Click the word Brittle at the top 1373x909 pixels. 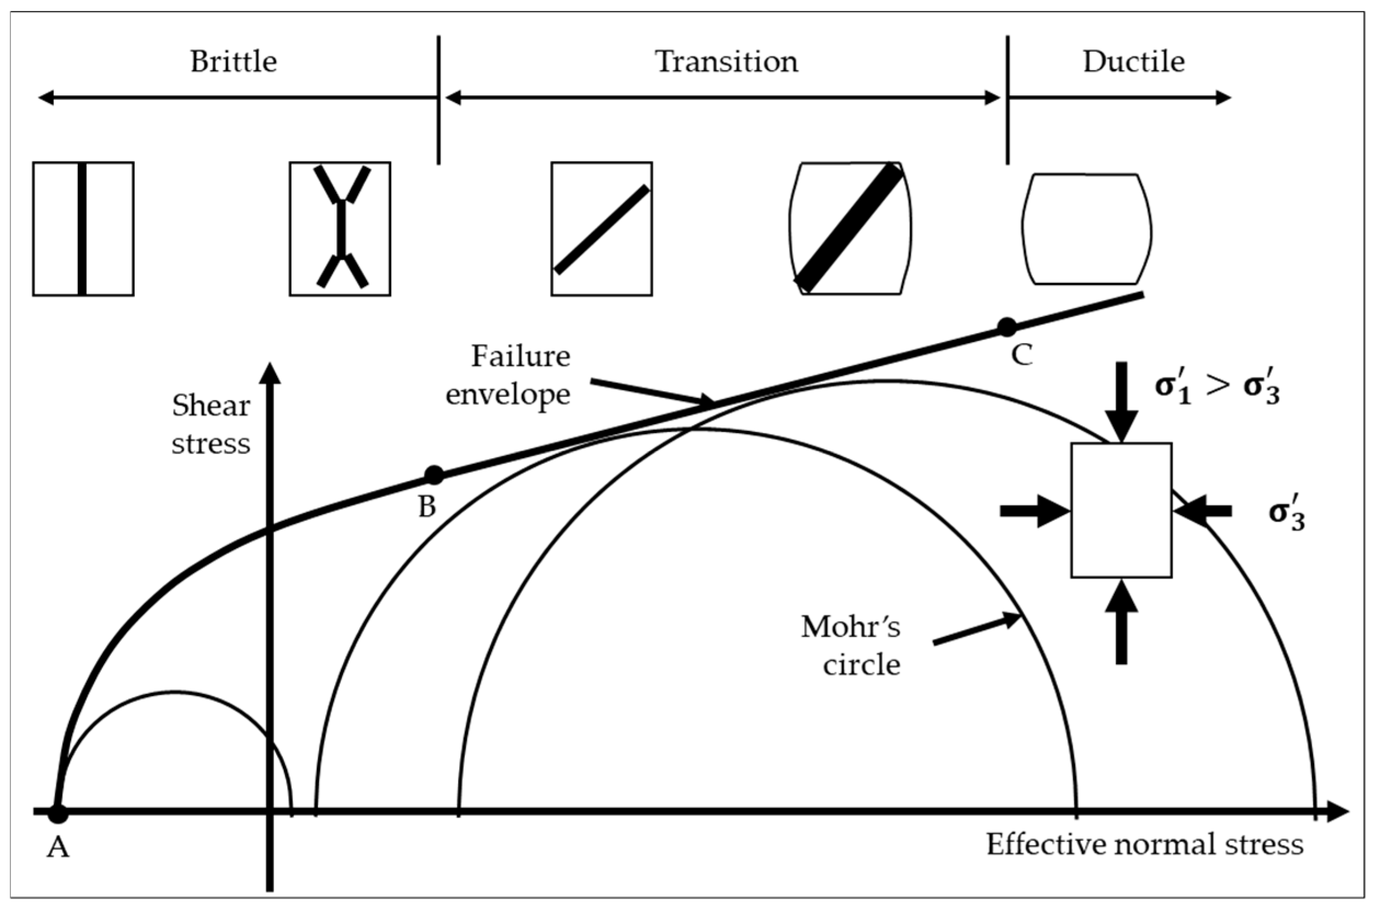[x=233, y=61]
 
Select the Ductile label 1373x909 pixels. [x=1133, y=61]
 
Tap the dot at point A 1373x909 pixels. [x=58, y=813]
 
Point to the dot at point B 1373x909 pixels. [x=433, y=476]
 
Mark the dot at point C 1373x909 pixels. [x=1006, y=327]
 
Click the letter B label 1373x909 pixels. [x=427, y=507]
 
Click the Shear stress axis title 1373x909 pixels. [x=211, y=425]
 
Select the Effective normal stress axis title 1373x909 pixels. [x=1145, y=845]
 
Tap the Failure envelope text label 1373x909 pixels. [x=509, y=375]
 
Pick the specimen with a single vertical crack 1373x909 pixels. [x=83, y=229]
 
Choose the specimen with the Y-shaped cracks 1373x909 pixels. [x=340, y=229]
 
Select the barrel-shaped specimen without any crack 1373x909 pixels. [x=1086, y=230]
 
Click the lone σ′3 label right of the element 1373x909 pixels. [x=1286, y=511]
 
